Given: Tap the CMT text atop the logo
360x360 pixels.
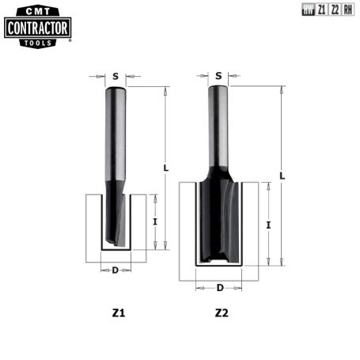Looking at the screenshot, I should click(38, 11).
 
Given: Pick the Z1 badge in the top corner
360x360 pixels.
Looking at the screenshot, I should click(322, 11).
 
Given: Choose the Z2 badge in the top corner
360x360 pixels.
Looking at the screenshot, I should click(335, 11).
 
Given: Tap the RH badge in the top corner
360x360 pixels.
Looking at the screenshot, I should click(348, 11).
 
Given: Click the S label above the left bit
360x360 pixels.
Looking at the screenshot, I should click(116, 77).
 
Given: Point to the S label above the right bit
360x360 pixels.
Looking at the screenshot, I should click(218, 76).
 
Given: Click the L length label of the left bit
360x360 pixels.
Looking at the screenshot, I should click(165, 168).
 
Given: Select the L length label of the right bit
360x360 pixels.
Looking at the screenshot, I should click(282, 175).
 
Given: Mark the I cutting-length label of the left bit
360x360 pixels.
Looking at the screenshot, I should click(155, 222).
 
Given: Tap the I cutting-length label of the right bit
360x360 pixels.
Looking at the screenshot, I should click(269, 225).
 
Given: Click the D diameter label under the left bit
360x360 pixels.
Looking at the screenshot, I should click(116, 271).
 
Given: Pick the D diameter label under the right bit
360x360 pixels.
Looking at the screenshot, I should click(220, 287).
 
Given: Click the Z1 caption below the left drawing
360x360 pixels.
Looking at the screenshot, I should click(118, 313).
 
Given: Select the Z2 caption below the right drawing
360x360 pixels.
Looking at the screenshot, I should click(222, 313).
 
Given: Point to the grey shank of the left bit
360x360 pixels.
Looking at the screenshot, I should click(115, 135).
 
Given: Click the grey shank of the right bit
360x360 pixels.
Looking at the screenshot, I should click(218, 127).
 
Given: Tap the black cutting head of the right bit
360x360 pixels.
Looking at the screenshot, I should click(218, 218).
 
